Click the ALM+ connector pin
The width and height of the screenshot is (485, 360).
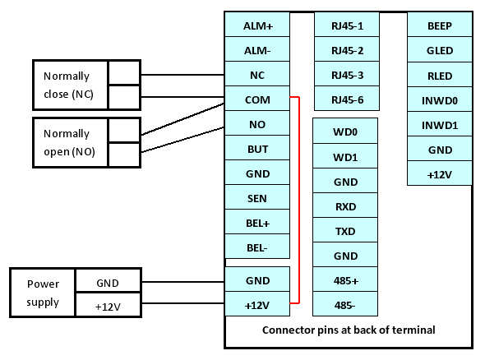[x=257, y=25]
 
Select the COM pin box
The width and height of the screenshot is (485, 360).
[x=257, y=99]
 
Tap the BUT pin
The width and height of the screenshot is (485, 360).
[x=257, y=148]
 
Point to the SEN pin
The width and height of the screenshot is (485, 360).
[x=257, y=197]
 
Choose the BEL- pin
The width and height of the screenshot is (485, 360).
[x=257, y=247]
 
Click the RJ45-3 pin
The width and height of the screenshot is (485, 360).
[x=347, y=74]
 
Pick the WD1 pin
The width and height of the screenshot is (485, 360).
[x=345, y=156]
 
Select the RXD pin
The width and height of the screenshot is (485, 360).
[x=345, y=205]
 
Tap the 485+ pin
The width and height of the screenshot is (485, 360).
[x=345, y=279]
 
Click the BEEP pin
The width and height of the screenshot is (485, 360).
[x=440, y=25]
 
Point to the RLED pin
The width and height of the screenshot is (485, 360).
[x=440, y=75]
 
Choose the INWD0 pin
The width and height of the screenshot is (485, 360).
[x=440, y=99]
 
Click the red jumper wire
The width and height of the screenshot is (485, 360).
[x=299, y=200]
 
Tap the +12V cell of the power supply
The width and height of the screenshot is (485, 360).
[x=108, y=305]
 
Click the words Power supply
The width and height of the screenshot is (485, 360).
[x=43, y=293]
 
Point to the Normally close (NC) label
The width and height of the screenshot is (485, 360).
[x=68, y=85]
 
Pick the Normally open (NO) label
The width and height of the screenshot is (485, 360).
[x=69, y=142]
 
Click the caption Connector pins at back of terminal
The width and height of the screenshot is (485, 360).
[x=349, y=330]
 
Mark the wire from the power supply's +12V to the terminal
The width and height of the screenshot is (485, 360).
[x=182, y=303]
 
